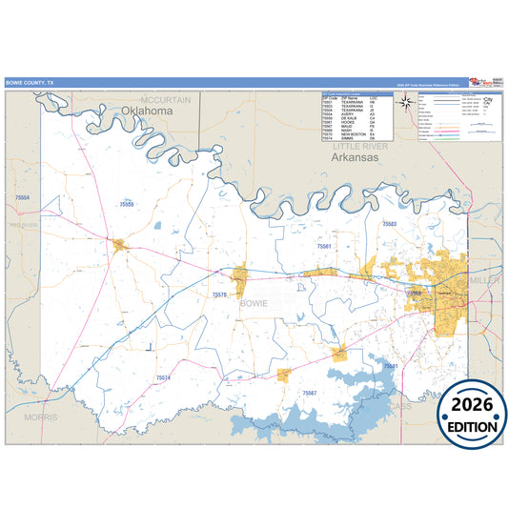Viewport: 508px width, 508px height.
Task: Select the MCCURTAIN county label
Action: (166, 99)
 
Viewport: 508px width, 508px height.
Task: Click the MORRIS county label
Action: (42, 417)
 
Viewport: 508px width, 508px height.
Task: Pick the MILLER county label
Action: (483, 281)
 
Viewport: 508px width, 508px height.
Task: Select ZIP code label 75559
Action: (127, 204)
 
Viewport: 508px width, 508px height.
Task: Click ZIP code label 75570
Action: (219, 295)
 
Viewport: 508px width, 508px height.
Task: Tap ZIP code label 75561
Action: (324, 246)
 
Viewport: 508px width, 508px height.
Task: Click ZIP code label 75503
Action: (390, 223)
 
